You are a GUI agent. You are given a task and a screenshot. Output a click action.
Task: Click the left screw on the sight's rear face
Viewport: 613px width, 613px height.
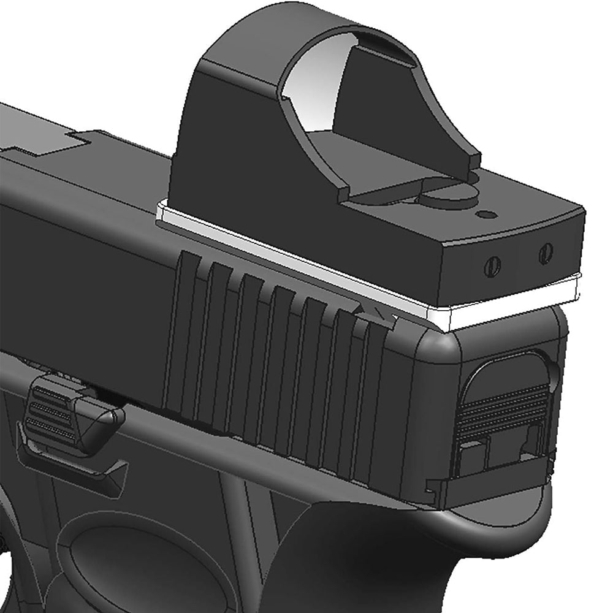492,265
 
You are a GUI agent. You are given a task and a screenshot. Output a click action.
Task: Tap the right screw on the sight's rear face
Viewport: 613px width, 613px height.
545,253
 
